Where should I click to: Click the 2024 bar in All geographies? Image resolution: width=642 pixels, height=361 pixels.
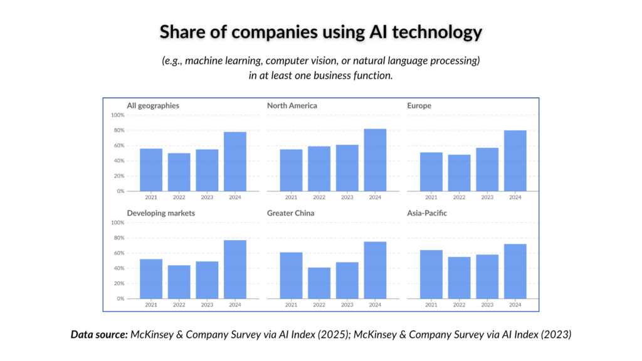(x=235, y=161)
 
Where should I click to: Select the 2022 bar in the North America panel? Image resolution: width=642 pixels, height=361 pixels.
(x=319, y=169)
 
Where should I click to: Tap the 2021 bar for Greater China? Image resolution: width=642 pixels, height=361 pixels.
(x=291, y=276)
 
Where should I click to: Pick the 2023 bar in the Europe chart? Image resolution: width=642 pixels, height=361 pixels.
(x=487, y=169)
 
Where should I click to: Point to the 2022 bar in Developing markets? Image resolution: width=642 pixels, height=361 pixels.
(x=179, y=282)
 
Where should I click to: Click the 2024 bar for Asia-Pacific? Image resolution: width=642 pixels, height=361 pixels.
(x=515, y=271)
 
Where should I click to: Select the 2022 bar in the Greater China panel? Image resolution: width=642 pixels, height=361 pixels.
(x=319, y=283)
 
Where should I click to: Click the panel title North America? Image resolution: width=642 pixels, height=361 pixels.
(x=292, y=105)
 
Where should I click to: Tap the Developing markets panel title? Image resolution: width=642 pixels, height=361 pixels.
(x=161, y=213)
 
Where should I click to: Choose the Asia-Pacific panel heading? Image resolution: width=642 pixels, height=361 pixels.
(x=426, y=213)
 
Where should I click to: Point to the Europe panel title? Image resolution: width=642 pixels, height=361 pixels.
(x=419, y=105)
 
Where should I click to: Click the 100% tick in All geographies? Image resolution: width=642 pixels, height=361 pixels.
(x=117, y=115)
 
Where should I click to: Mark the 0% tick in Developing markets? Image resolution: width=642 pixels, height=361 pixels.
(x=120, y=299)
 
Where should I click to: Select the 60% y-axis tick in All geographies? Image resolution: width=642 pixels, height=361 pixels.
(x=119, y=145)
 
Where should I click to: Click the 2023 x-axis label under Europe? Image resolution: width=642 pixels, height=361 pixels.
(x=487, y=197)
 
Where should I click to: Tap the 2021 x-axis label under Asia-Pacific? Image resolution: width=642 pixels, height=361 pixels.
(x=431, y=305)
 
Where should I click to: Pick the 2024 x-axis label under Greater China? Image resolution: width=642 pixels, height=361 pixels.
(x=375, y=305)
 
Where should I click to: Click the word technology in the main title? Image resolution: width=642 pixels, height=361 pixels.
(x=437, y=33)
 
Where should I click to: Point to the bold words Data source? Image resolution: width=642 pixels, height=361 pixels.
(x=99, y=335)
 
